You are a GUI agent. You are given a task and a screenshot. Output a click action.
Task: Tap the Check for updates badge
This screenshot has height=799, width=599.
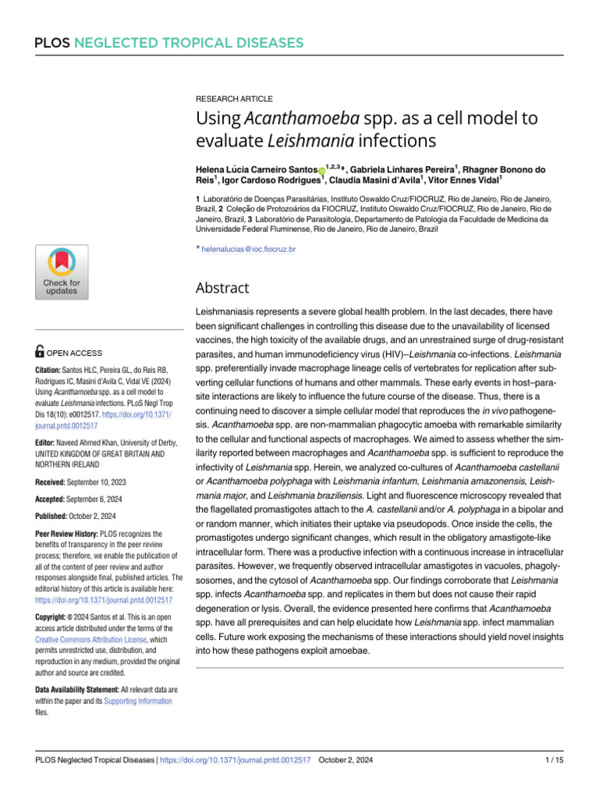point(61,272)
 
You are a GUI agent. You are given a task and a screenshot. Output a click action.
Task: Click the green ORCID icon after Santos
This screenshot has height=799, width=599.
point(322,170)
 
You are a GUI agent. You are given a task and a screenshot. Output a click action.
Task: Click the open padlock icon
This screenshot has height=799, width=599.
point(41,353)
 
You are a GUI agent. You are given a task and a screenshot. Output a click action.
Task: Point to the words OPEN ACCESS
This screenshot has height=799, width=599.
point(76,353)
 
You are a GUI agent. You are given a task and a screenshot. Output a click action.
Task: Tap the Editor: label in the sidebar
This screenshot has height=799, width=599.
point(49,419)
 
